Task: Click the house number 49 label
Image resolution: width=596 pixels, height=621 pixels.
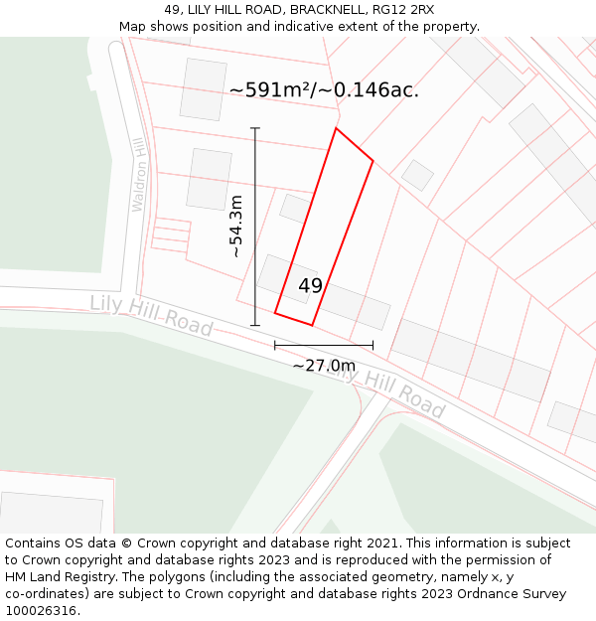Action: (310, 286)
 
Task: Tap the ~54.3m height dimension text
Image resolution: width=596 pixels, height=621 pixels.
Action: (235, 227)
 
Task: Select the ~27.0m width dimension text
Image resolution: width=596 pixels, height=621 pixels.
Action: (324, 366)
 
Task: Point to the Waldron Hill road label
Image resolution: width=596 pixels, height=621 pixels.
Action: (139, 174)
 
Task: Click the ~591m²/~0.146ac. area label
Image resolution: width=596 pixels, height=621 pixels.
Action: (324, 89)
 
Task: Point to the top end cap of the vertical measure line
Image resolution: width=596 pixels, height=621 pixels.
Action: (255, 128)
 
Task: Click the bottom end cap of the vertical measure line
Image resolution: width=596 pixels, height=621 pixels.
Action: (255, 325)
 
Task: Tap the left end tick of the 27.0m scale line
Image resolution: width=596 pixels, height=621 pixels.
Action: (275, 345)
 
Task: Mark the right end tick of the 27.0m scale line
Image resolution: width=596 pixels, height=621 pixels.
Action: (373, 345)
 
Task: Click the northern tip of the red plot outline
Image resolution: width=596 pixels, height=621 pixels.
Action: (336, 128)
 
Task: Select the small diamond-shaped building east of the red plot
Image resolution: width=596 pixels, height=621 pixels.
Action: (417, 175)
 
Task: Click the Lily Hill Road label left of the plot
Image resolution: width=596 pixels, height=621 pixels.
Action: (151, 315)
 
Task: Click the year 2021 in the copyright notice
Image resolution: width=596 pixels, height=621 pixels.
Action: (381, 543)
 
